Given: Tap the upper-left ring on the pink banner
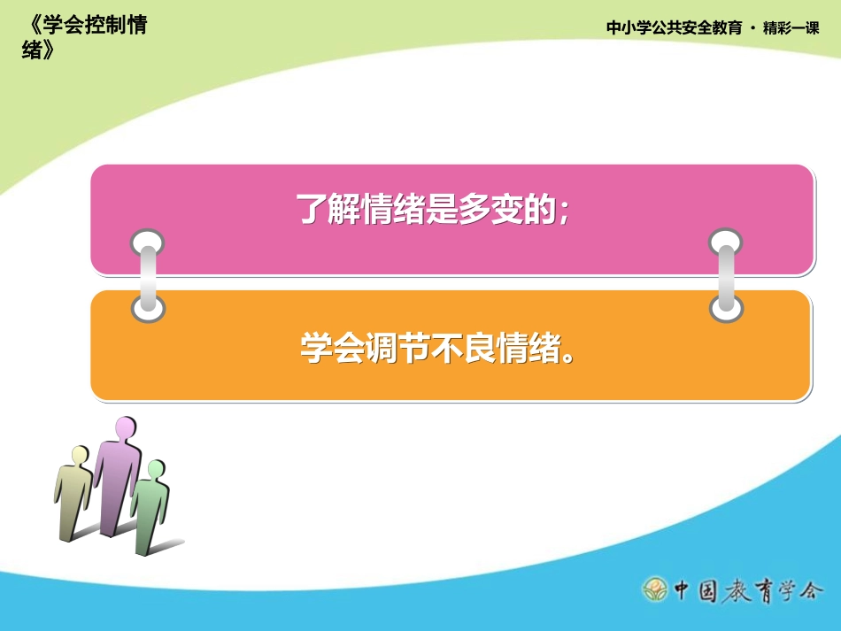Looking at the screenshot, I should [x=147, y=242].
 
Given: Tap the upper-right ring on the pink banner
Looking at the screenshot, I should [x=726, y=242].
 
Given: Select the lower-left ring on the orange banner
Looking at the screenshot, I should [x=147, y=308].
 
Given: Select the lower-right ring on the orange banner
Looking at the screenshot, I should [x=726, y=308].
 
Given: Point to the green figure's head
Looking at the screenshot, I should [x=157, y=469].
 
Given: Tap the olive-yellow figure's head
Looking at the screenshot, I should [x=80, y=455].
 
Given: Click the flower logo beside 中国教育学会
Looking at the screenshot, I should [x=655, y=588].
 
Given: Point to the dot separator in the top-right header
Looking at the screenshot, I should [x=752, y=28].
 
